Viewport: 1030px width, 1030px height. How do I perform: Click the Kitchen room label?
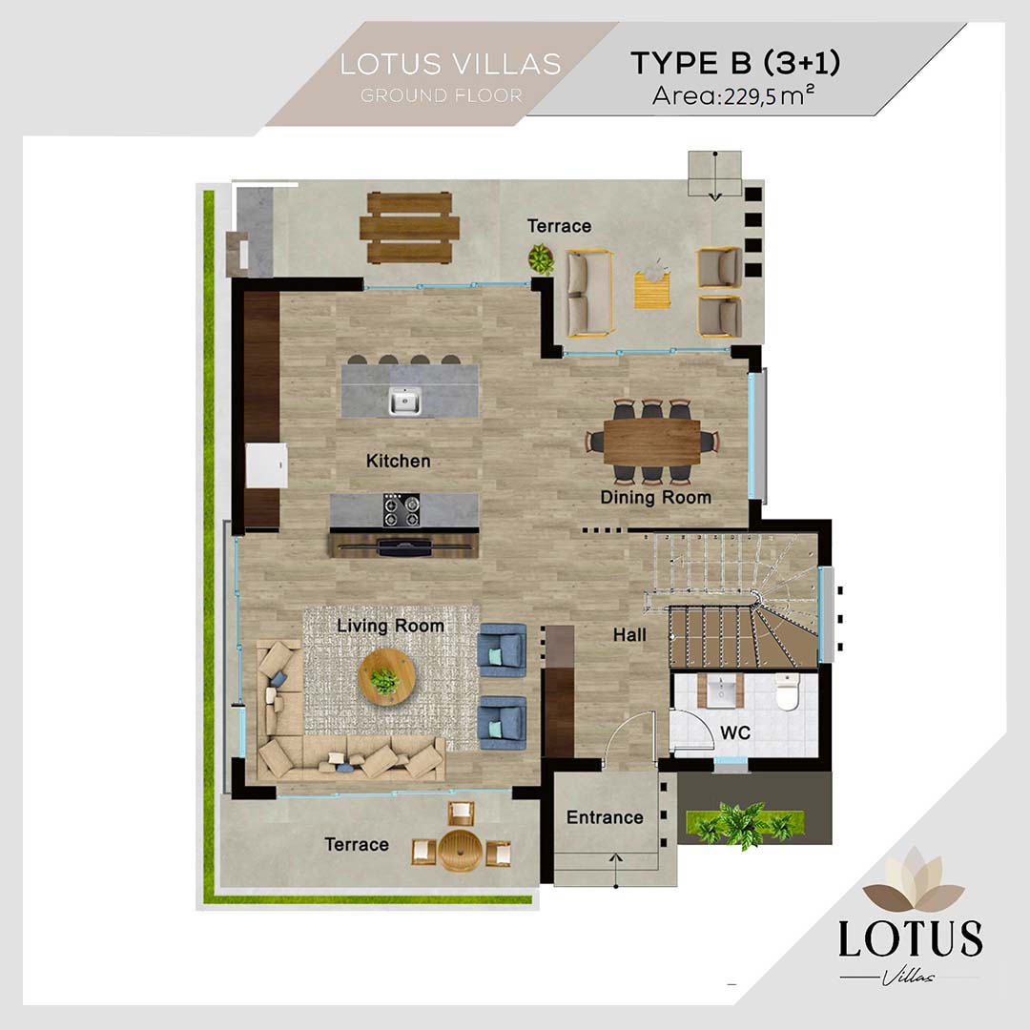(x=398, y=462)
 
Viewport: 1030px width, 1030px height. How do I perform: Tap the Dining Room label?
(x=655, y=498)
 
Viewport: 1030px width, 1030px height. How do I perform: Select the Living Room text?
(x=390, y=626)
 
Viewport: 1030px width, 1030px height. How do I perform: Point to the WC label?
(x=735, y=733)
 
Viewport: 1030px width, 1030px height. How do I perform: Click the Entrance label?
(x=605, y=817)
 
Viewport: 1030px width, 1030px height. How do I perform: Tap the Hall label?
(x=629, y=635)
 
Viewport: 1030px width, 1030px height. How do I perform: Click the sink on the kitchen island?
(x=404, y=401)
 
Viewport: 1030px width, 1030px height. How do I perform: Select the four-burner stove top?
(x=402, y=510)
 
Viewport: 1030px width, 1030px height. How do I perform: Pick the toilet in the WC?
(x=787, y=691)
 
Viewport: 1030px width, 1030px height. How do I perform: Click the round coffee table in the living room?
(x=387, y=677)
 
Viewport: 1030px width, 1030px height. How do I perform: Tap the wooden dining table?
(x=652, y=442)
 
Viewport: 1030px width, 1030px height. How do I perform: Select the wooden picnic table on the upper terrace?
(x=408, y=228)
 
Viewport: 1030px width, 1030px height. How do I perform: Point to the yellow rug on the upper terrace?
(x=652, y=290)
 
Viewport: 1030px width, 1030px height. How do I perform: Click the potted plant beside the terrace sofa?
(x=541, y=258)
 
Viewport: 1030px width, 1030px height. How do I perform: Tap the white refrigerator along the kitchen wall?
(x=267, y=465)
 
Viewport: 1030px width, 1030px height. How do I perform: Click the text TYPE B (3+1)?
(x=735, y=63)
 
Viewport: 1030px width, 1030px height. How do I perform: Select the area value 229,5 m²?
(x=770, y=96)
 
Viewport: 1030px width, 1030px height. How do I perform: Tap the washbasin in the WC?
(x=721, y=690)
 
